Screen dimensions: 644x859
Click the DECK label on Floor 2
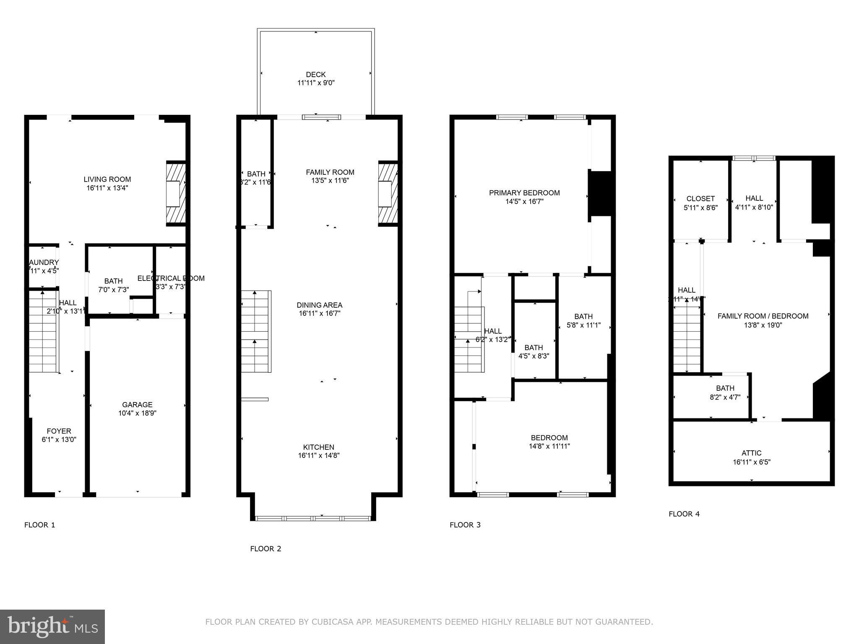315,75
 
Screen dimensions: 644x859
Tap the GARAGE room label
137,405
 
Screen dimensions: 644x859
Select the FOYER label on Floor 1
59,431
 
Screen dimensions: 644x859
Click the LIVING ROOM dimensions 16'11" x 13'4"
107,188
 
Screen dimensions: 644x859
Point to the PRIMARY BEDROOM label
524,193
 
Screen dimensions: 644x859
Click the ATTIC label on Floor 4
751,453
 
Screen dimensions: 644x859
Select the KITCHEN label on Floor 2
319,447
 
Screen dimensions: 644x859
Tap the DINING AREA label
320,305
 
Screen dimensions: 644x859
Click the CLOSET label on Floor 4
700,199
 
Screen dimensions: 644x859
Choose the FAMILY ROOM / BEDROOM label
763,316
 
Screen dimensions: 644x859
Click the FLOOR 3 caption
465,525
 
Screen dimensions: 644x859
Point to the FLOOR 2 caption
266,549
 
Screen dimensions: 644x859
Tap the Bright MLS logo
52,627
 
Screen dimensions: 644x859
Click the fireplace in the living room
176,193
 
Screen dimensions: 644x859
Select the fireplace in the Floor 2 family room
388,193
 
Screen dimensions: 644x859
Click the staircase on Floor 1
43,331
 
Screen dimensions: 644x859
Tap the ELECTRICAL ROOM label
171,278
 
